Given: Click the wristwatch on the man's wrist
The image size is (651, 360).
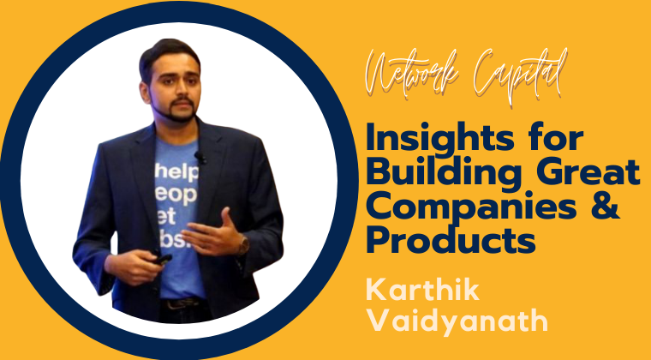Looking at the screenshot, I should tap(243, 244).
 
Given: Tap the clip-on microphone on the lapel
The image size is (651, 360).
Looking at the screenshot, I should tap(200, 158).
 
